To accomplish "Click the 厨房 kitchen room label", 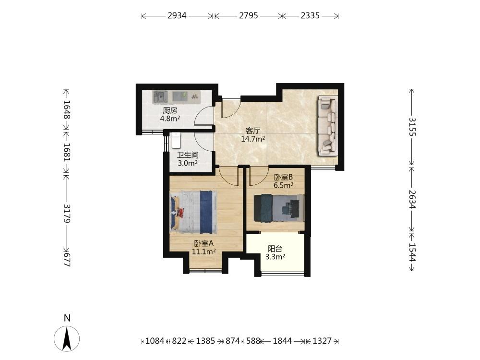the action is (x=170, y=110).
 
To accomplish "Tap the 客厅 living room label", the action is (x=253, y=131).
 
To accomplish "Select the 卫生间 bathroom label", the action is (x=188, y=155).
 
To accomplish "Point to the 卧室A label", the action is (x=204, y=244).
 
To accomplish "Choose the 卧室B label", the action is (x=283, y=177).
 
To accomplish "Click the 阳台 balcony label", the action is (x=275, y=249).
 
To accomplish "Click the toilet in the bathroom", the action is (x=176, y=141).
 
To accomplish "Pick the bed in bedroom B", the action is (x=279, y=208).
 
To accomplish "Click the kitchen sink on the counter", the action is (x=160, y=97).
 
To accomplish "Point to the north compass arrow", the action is (x=67, y=338).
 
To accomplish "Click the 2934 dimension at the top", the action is (x=177, y=15).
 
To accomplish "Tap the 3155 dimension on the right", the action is (x=412, y=127).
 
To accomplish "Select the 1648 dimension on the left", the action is (x=67, y=109).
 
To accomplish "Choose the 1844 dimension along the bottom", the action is (x=282, y=341).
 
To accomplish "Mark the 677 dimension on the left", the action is (x=67, y=260).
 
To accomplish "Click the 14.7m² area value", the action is (x=253, y=139).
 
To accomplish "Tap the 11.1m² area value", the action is (x=204, y=252).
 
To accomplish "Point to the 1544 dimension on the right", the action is (x=412, y=252).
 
